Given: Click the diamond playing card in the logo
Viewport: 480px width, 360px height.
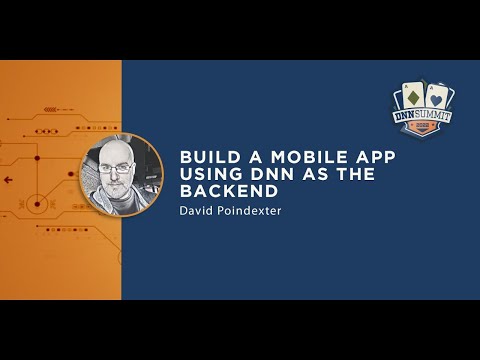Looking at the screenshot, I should [412, 98].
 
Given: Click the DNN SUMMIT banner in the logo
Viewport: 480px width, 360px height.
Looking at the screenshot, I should [426, 119].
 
